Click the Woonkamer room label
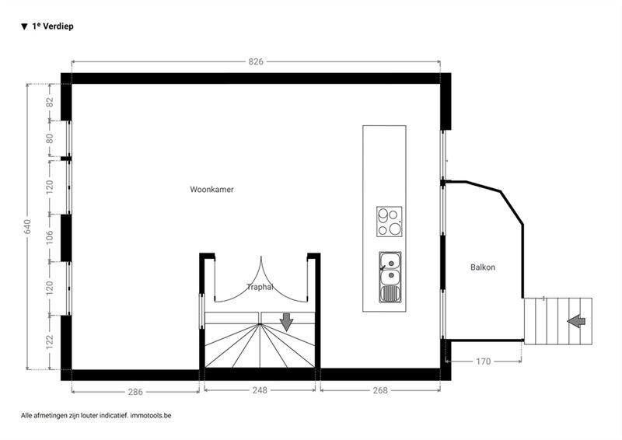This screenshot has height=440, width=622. click(211, 189)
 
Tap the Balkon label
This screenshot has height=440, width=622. click(483, 267)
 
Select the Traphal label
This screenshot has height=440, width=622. click(260, 286)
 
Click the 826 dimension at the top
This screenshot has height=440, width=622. click(256, 61)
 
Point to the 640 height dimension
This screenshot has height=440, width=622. click(27, 226)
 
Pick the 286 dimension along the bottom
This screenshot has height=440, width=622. click(135, 392)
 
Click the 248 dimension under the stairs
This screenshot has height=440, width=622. click(260, 390)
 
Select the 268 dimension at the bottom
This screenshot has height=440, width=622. click(380, 390)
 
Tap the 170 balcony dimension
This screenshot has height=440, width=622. click(483, 361)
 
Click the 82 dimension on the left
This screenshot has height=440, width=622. click(50, 102)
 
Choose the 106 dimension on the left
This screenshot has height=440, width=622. click(50, 237)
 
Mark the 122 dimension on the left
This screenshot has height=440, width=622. click(50, 342)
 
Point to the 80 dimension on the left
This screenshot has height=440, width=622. click(50, 138)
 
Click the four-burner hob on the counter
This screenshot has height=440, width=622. click(390, 222)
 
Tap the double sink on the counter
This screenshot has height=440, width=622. click(390, 277)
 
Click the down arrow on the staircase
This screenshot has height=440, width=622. click(286, 322)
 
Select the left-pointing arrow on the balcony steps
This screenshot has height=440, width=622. click(576, 321)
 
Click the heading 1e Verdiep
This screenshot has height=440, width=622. click(53, 26)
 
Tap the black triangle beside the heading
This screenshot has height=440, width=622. click(25, 26)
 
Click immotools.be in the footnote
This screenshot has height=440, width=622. click(151, 415)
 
